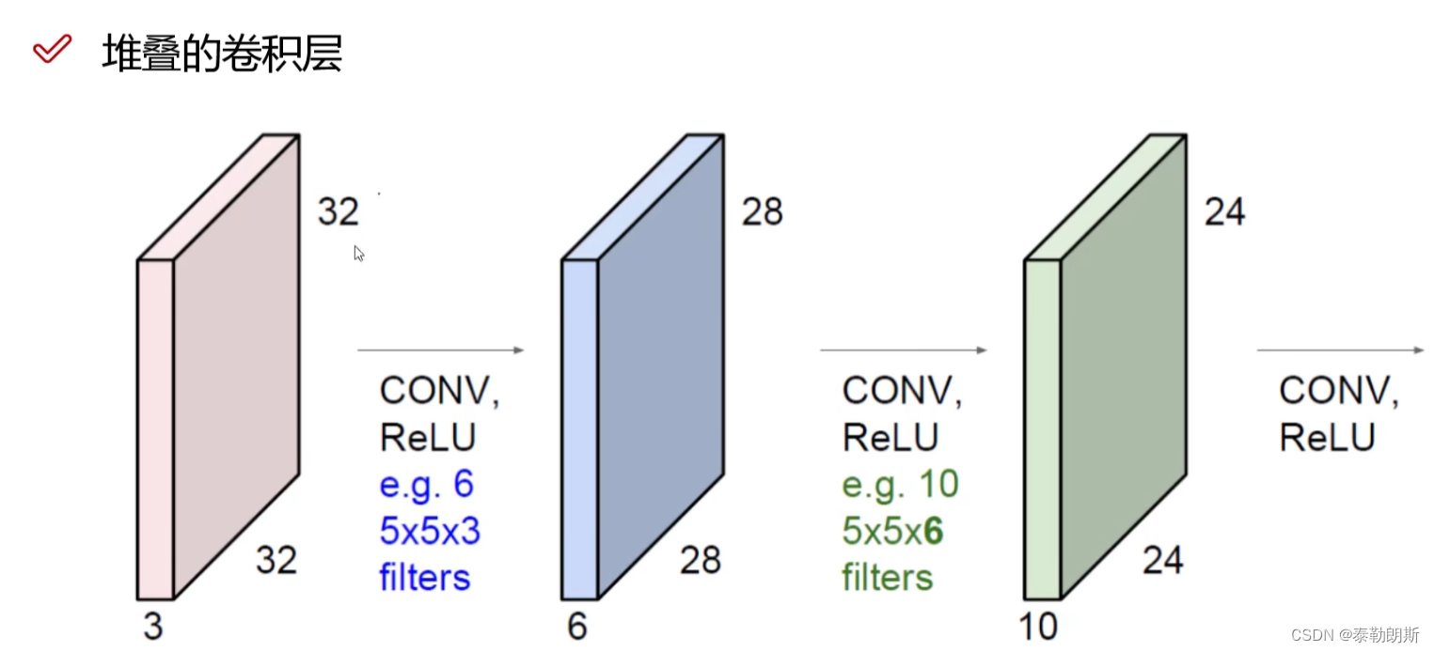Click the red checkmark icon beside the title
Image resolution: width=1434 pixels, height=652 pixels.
(52, 49)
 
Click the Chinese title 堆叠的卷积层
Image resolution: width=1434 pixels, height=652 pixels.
(222, 54)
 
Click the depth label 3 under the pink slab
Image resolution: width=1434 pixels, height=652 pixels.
(152, 626)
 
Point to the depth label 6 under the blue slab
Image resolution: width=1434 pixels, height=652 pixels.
(576, 626)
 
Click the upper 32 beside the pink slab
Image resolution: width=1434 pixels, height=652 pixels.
(338, 212)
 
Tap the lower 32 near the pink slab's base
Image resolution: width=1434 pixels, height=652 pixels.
(276, 561)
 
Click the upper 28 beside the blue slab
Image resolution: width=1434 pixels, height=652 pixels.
(762, 212)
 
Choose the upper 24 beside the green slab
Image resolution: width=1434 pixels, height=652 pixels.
(1224, 212)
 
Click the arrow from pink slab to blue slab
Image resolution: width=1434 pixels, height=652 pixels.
(440, 350)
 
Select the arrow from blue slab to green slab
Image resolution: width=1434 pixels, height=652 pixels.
(903, 350)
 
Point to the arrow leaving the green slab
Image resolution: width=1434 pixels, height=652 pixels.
(1340, 350)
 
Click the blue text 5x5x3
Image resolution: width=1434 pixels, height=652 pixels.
(430, 532)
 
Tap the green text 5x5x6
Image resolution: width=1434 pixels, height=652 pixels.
(892, 532)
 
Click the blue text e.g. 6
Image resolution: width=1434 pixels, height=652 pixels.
(426, 485)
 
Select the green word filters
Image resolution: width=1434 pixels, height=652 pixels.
(887, 576)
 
